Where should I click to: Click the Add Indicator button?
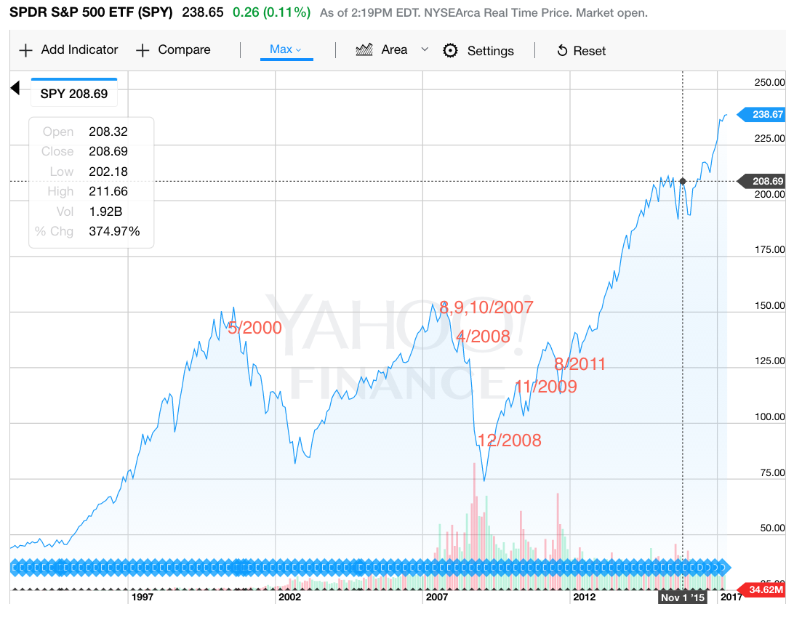click(x=68, y=50)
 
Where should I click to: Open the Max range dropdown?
click(x=286, y=49)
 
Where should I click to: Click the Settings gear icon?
click(x=451, y=50)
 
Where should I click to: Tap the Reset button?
click(x=581, y=51)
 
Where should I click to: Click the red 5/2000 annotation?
click(x=254, y=328)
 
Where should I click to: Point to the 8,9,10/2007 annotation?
click(x=486, y=307)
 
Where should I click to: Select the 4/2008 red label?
click(x=484, y=337)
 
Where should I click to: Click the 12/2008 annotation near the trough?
click(x=509, y=440)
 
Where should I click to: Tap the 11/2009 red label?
click(x=545, y=387)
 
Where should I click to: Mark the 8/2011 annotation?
click(x=580, y=364)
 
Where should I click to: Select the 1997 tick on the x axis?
click(x=141, y=597)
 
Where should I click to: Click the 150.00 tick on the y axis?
click(x=769, y=306)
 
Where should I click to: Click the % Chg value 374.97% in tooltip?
click(x=114, y=231)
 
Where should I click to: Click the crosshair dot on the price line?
click(x=683, y=181)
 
